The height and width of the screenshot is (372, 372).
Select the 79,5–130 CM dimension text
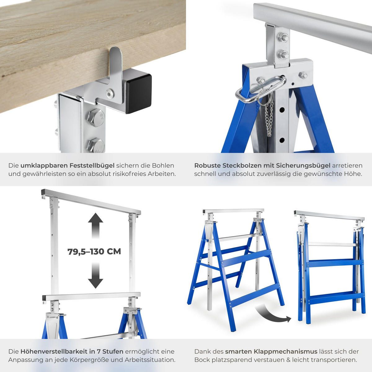[94, 252]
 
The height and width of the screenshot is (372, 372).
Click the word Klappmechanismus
[271, 352]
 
